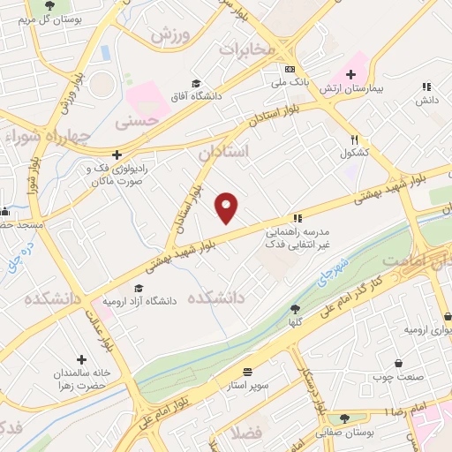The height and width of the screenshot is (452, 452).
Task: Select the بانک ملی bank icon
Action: pyautogui.click(x=290, y=69)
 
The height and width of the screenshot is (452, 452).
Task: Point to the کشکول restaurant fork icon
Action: pyautogui.click(x=354, y=139)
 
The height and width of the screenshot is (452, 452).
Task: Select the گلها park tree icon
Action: pyautogui.click(x=294, y=309)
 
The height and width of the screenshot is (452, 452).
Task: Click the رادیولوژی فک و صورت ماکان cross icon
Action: pyautogui.click(x=115, y=154)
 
